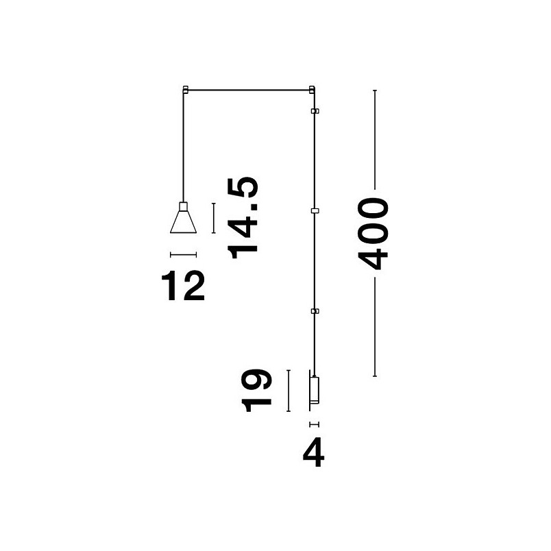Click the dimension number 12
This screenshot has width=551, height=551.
point(183,285)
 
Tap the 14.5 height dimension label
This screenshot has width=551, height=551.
point(243,217)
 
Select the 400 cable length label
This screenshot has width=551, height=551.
point(373,234)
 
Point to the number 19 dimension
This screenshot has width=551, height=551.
point(256,391)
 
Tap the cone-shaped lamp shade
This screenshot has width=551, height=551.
point(183,222)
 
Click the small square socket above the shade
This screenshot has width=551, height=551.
point(183,206)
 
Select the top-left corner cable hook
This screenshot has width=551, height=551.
point(186,89)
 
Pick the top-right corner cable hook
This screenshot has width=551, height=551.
point(312,89)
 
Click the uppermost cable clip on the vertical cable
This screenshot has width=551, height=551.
point(315,111)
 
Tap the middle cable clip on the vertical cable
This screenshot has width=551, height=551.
point(315,211)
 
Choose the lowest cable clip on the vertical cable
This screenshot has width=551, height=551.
point(315,310)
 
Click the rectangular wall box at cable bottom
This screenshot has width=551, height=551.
point(315,390)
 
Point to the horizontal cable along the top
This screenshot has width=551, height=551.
point(249,90)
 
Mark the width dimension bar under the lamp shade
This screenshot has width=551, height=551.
point(183,255)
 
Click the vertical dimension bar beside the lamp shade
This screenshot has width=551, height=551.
point(213,218)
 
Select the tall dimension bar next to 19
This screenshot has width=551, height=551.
point(289,391)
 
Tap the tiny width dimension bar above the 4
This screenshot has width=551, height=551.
point(314,424)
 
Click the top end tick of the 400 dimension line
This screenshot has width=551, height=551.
point(375,90)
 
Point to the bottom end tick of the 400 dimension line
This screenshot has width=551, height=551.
point(375,376)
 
